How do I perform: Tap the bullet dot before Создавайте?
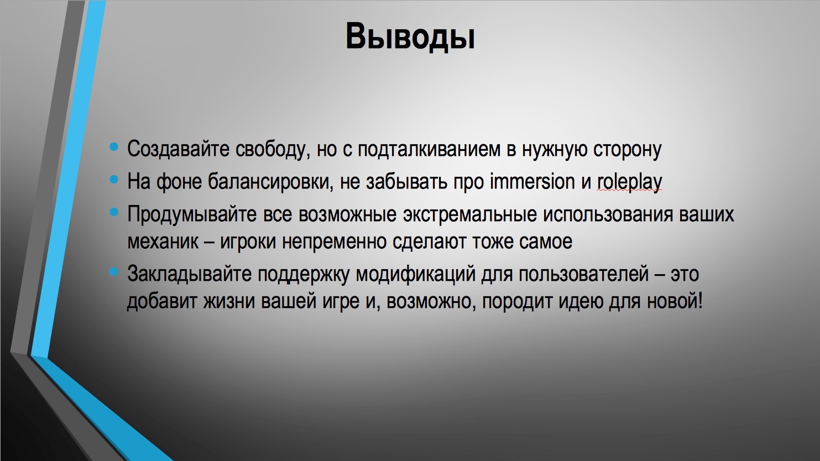point(114,147)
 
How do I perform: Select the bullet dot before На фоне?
point(114,179)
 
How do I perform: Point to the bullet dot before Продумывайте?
point(114,212)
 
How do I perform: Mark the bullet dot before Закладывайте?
point(114,272)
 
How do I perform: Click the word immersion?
point(532,181)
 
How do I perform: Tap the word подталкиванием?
point(429,150)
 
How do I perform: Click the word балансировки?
point(270,182)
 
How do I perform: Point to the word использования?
point(608,214)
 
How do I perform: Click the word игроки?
point(248,242)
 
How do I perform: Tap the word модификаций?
point(416,274)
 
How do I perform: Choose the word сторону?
point(628,150)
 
